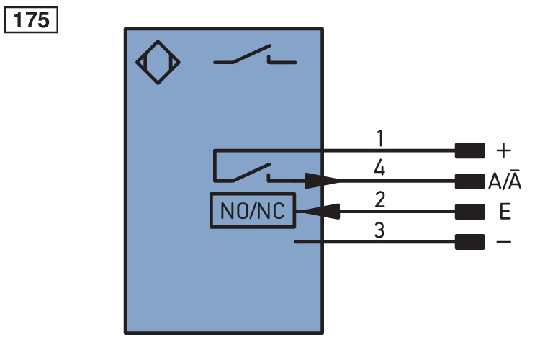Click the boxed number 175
(32, 20)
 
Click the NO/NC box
(252, 211)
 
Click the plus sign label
(504, 151)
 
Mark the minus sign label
(504, 243)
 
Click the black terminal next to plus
(469, 150)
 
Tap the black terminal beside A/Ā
(469, 181)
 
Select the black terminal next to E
(469, 212)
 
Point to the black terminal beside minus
(469, 243)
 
